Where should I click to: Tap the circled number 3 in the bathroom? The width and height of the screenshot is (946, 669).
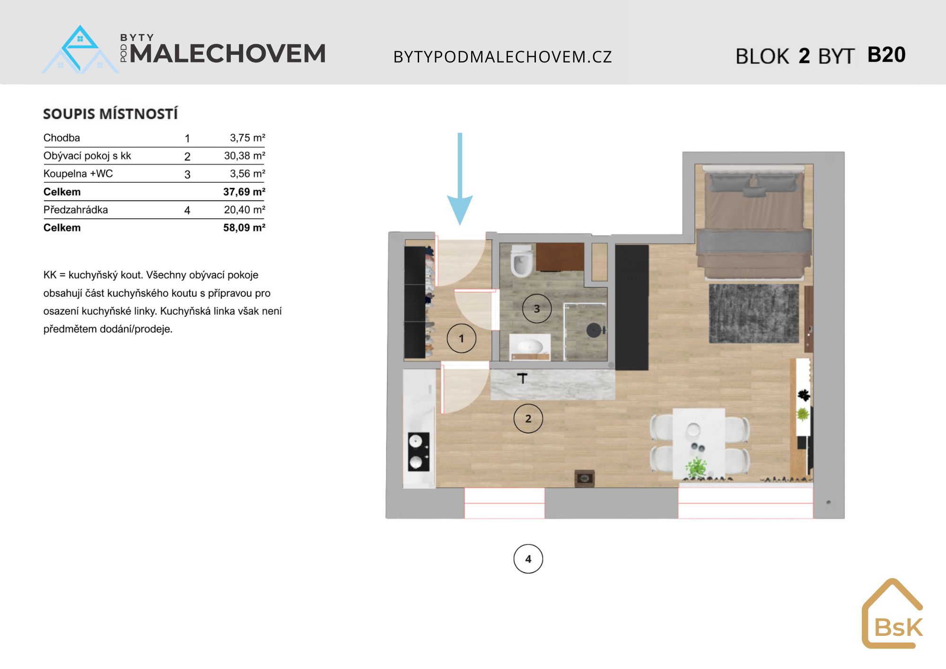(x=537, y=308)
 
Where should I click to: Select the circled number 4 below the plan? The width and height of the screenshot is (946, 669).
(x=528, y=559)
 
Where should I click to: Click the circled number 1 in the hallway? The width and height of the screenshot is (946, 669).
(x=462, y=338)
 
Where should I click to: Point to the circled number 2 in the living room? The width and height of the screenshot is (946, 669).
(x=528, y=418)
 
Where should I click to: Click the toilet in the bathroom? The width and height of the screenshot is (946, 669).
(x=522, y=261)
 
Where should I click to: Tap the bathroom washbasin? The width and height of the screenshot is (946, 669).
(x=530, y=346)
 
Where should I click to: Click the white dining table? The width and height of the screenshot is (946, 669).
(x=699, y=443)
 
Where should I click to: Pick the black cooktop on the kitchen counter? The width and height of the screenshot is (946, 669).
(x=419, y=452)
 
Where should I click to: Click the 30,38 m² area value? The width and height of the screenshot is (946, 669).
(x=245, y=156)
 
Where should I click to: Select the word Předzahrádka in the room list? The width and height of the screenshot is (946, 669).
(x=76, y=210)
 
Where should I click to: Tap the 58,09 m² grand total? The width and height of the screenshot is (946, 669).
(x=244, y=228)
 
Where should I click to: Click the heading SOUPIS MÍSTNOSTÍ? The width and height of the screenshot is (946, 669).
(x=111, y=114)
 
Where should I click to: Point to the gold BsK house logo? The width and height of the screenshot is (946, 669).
(x=893, y=613)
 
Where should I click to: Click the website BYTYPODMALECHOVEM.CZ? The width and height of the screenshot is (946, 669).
(x=503, y=57)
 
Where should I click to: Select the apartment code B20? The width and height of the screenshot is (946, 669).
(x=886, y=55)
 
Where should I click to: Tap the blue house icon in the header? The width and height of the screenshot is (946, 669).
(x=80, y=50)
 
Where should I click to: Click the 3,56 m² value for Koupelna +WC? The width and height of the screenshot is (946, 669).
(x=247, y=174)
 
